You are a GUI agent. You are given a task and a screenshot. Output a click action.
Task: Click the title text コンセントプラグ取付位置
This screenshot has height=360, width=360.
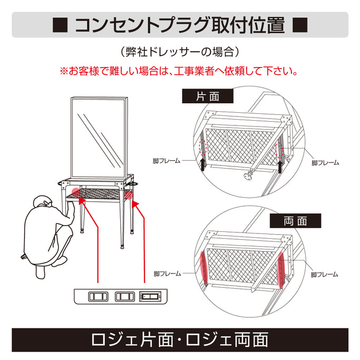pyautogui.click(x=179, y=25)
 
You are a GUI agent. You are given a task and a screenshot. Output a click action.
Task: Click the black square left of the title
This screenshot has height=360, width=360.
pyautogui.click(x=60, y=25)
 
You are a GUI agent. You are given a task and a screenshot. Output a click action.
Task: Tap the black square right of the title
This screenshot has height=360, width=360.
pyautogui.click(x=299, y=25)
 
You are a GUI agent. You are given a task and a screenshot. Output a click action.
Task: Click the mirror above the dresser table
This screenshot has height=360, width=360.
pyautogui.click(x=99, y=137)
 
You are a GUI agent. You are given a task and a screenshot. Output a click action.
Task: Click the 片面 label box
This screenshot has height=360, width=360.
pyautogui.click(x=208, y=97)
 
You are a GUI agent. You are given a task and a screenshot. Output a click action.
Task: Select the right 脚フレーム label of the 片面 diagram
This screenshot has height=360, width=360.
pyautogui.click(x=325, y=163)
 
